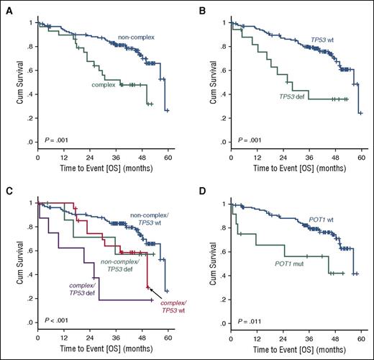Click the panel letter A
(x=6, y=8)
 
